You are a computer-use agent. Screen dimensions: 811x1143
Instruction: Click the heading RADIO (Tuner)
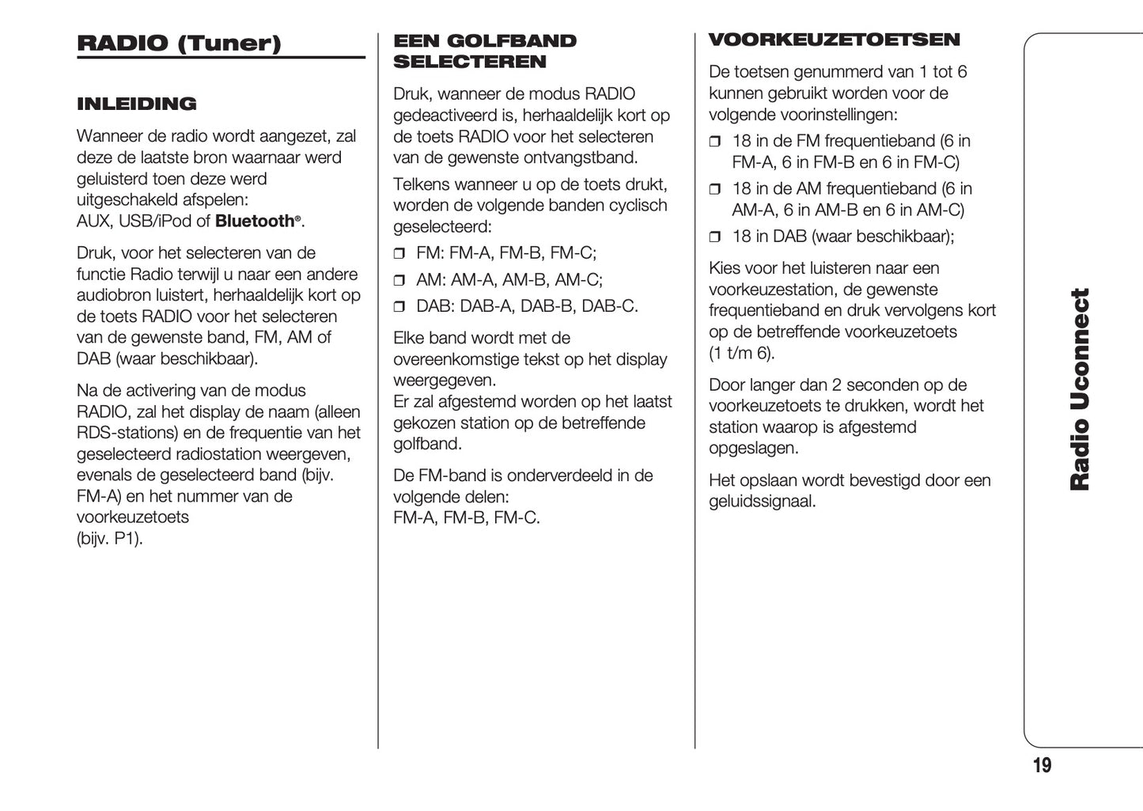point(179,43)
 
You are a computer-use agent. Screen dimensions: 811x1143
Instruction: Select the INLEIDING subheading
point(136,104)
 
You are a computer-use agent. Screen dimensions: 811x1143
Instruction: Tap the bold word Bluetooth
point(255,222)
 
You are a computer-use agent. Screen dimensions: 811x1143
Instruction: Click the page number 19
point(1042,765)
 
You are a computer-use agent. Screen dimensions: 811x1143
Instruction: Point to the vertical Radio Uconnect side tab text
point(1080,388)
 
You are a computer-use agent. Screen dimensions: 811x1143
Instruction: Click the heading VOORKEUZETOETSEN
point(834,40)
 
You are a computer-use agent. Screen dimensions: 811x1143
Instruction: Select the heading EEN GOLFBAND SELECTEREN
point(484,51)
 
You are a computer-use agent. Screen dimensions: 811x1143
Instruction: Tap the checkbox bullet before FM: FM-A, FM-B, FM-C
point(399,255)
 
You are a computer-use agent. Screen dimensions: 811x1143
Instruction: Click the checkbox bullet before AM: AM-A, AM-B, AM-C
point(399,281)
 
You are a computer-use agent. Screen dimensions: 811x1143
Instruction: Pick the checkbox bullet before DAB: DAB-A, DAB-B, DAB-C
point(399,307)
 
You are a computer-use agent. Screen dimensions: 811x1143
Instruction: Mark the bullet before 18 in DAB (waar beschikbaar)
point(715,237)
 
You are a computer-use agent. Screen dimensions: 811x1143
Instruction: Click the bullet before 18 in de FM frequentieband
point(715,142)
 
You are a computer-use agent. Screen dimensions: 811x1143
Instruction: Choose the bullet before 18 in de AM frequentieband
point(715,190)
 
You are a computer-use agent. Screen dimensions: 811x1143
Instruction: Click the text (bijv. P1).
point(109,539)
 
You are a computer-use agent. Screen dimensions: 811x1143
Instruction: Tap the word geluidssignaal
point(761,502)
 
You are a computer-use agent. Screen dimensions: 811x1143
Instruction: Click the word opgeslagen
point(753,449)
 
